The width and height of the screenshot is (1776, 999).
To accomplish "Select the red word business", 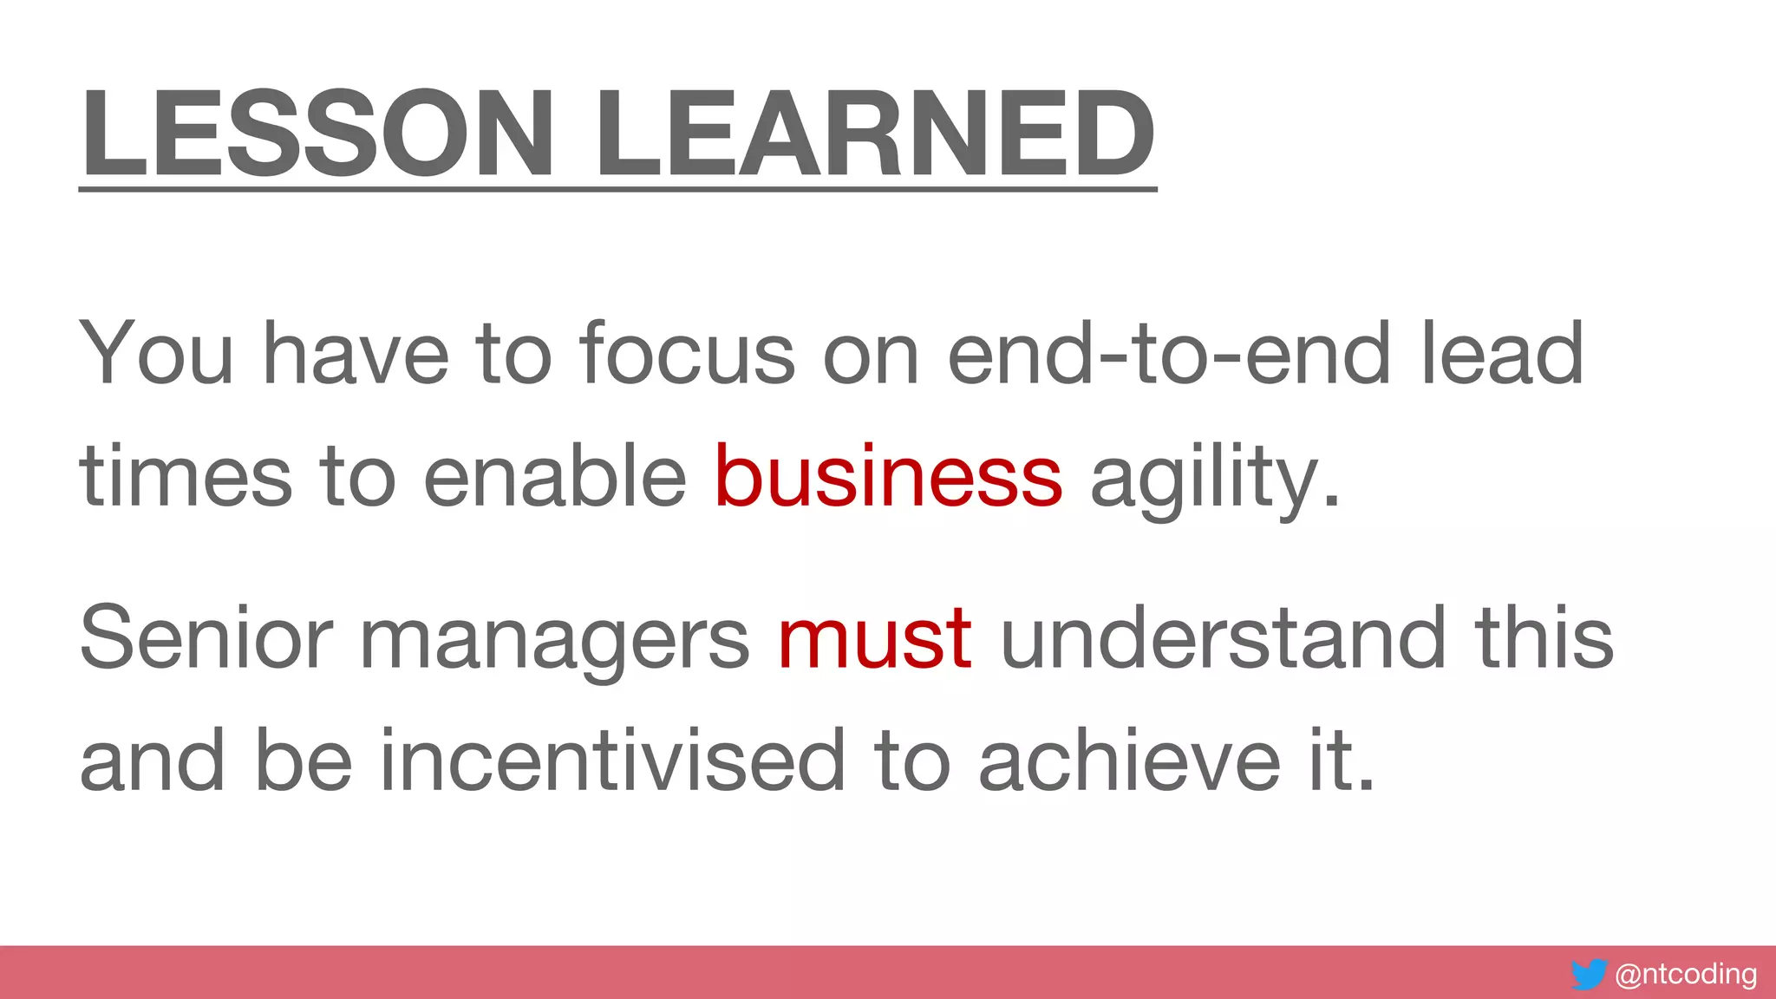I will click(x=888, y=475).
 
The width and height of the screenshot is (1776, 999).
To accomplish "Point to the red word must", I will click(x=874, y=638).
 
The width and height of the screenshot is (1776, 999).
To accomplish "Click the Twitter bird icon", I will click(x=1589, y=975).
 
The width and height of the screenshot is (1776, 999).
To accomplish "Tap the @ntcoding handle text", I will click(x=1686, y=974).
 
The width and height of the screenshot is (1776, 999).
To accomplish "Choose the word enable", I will click(x=555, y=475).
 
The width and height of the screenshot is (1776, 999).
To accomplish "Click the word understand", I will click(x=1223, y=638).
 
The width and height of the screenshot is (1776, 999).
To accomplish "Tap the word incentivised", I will click(x=612, y=760).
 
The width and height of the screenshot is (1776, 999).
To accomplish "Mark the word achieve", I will click(x=1129, y=760).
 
